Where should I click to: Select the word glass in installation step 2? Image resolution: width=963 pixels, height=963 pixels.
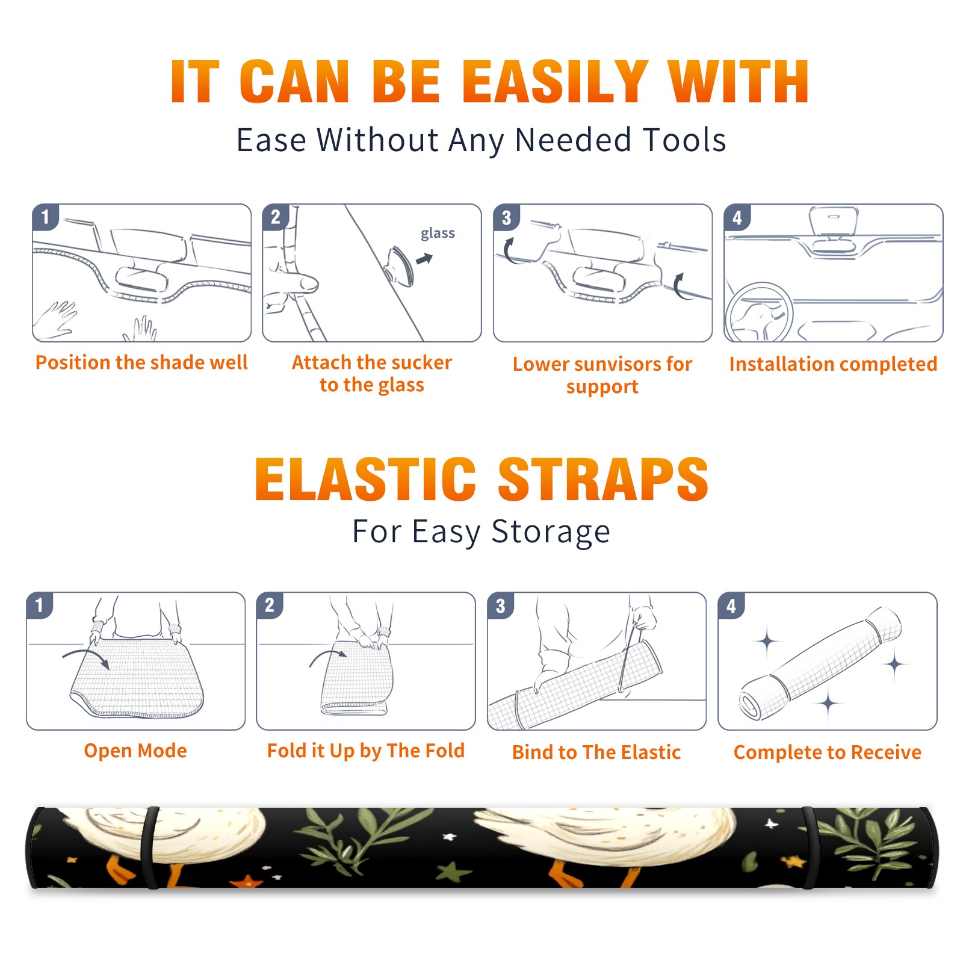pyautogui.click(x=438, y=234)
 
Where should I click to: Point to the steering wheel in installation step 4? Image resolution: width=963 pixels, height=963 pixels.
pyautogui.click(x=759, y=312)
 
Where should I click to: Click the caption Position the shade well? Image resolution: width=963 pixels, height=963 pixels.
pyautogui.click(x=141, y=362)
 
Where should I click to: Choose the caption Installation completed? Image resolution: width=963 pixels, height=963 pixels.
pyautogui.click(x=833, y=364)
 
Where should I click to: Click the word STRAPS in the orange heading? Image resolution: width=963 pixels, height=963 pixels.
pyautogui.click(x=603, y=479)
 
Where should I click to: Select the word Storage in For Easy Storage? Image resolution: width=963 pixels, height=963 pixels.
pyautogui.click(x=551, y=532)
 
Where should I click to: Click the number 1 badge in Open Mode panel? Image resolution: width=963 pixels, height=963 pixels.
pyautogui.click(x=40, y=605)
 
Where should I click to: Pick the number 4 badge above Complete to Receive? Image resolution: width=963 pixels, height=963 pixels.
pyautogui.click(x=731, y=605)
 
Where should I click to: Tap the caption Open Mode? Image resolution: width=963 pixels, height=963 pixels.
pyautogui.click(x=135, y=751)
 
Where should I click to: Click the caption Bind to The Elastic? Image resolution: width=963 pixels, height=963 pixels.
pyautogui.click(x=596, y=752)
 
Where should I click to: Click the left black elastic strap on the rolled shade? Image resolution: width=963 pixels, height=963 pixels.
pyautogui.click(x=149, y=847)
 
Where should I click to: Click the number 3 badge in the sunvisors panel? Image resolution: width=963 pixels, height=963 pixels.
pyautogui.click(x=506, y=217)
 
